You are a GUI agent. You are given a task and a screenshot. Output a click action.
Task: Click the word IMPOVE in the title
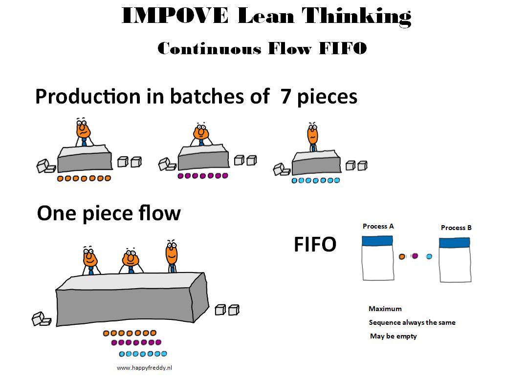(175, 16)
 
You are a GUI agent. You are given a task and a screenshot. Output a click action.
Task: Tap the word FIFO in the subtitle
(343, 48)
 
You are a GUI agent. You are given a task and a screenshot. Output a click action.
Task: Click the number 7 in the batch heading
(285, 96)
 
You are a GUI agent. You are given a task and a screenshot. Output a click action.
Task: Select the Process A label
(378, 227)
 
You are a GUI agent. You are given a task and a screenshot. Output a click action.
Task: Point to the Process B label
(456, 228)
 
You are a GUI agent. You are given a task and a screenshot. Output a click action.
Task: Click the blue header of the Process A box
(377, 241)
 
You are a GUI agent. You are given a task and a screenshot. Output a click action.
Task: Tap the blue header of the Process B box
(454, 243)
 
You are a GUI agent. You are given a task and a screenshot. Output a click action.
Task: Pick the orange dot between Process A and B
(402, 256)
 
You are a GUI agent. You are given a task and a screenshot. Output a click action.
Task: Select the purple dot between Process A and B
(415, 256)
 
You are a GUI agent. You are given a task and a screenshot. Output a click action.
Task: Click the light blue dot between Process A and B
(429, 256)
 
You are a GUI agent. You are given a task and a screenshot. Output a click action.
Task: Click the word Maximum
(385, 309)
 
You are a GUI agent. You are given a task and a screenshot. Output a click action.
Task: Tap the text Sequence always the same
(412, 322)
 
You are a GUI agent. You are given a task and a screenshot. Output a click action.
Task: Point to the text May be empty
(394, 336)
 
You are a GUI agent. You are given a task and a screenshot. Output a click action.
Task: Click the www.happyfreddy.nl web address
(144, 368)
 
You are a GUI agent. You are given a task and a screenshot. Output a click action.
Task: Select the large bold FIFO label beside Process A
(315, 244)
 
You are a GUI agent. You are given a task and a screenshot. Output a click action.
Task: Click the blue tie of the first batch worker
(84, 142)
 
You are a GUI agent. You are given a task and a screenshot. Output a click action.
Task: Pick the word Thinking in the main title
(356, 17)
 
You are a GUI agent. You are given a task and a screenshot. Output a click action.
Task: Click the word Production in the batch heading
(88, 96)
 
